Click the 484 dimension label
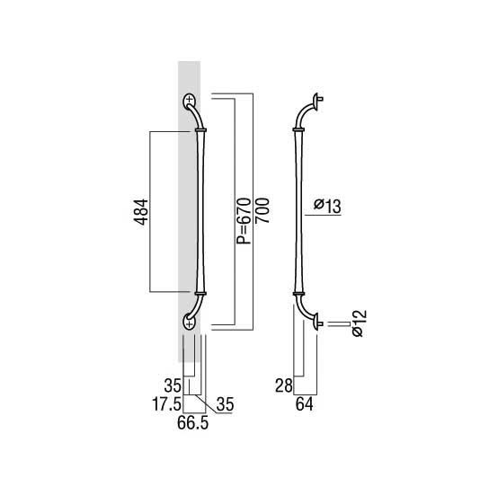point(141,212)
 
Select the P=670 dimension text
point(244,221)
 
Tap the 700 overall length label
point(262,210)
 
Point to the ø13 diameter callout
point(327,206)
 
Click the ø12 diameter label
point(359,323)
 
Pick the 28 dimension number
point(284,385)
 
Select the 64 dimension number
point(305,404)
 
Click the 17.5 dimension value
point(166,404)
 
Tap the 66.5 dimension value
point(192,423)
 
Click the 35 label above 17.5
point(173,385)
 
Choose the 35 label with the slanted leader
point(225,404)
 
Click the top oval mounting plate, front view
point(190,101)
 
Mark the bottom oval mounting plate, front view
point(190,323)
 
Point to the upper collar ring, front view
point(200,129)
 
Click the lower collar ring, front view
point(200,294)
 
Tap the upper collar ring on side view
point(298,129)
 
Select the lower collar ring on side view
point(298,294)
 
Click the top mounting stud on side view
point(321,100)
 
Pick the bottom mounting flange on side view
point(316,323)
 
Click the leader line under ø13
point(323,215)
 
